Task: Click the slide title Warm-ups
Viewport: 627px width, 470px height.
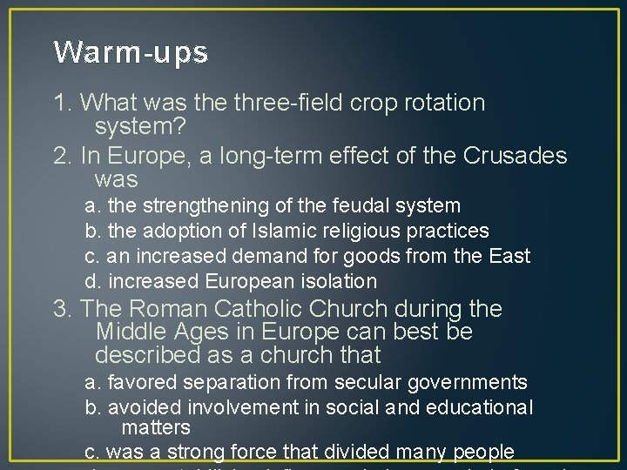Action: point(131,53)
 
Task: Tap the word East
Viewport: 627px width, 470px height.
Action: point(509,257)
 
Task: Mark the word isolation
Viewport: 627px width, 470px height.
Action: point(335,282)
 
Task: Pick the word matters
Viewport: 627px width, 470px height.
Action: point(156,428)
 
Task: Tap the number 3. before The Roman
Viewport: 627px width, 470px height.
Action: point(64,309)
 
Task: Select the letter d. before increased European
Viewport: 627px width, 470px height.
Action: point(91,282)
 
